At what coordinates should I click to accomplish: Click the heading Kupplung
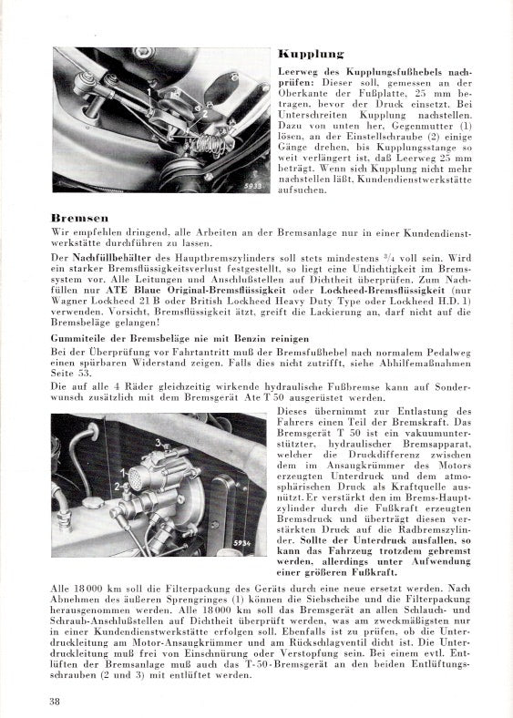311,54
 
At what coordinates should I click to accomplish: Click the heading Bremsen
79,218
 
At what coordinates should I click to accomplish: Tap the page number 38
55,701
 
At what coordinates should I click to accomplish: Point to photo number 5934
241,543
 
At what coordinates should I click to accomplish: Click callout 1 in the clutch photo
149,92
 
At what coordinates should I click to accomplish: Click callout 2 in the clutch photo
205,114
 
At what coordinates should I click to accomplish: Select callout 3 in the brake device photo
158,442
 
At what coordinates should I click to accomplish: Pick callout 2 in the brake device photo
118,486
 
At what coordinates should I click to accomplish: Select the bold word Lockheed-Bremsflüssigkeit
382,291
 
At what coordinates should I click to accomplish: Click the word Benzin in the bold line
251,339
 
